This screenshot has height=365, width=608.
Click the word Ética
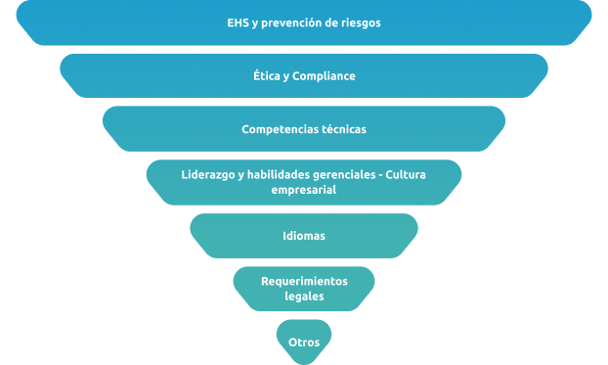point(267,75)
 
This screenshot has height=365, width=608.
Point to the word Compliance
point(324,76)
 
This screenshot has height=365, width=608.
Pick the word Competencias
point(273,129)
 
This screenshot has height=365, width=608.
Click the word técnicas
point(336,129)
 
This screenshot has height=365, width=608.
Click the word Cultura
point(406,175)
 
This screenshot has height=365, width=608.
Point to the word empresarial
point(304,190)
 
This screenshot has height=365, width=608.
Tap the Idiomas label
point(304,236)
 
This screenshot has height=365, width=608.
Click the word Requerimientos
point(304,281)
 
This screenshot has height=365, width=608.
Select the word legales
point(304,297)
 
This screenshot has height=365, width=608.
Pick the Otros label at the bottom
point(304,342)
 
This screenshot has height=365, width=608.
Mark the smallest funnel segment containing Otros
point(304,342)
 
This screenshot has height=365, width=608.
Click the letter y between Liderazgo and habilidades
point(240,176)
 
